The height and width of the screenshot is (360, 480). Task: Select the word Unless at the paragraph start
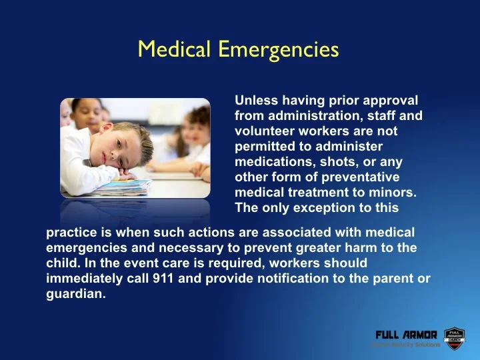pos(255,101)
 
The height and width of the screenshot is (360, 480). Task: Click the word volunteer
pos(263,131)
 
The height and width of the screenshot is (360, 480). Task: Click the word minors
pos(393,193)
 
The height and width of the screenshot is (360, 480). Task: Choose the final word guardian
pos(75,294)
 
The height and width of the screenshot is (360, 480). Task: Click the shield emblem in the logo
pos(454,336)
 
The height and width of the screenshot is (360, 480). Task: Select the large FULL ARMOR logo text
pos(406,334)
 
